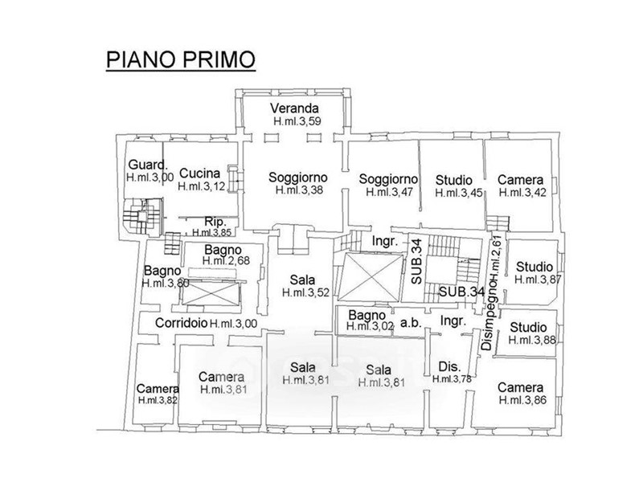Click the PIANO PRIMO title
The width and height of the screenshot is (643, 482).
181,59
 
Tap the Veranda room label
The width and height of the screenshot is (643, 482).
294,108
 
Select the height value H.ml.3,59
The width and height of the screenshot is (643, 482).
297,121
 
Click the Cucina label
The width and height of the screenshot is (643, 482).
199,173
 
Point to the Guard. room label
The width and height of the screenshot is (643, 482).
148,165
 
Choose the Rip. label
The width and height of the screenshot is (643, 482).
215,223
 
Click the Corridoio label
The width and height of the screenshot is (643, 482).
182,323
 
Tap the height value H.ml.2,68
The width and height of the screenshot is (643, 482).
226,260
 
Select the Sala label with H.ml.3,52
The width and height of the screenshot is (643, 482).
303,280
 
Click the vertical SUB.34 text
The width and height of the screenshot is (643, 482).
416,262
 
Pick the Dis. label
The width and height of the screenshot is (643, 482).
450,366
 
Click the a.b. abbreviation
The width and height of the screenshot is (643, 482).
411,323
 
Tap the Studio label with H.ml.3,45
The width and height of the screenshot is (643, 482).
454,180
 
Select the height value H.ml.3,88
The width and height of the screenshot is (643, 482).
532,340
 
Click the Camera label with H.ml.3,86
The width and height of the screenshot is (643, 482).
520,387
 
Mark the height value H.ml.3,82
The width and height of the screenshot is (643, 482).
158,400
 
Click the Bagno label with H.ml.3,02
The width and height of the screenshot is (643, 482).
367,315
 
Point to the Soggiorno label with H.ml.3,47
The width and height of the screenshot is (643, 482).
388,179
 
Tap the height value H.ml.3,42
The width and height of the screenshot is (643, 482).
523,193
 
